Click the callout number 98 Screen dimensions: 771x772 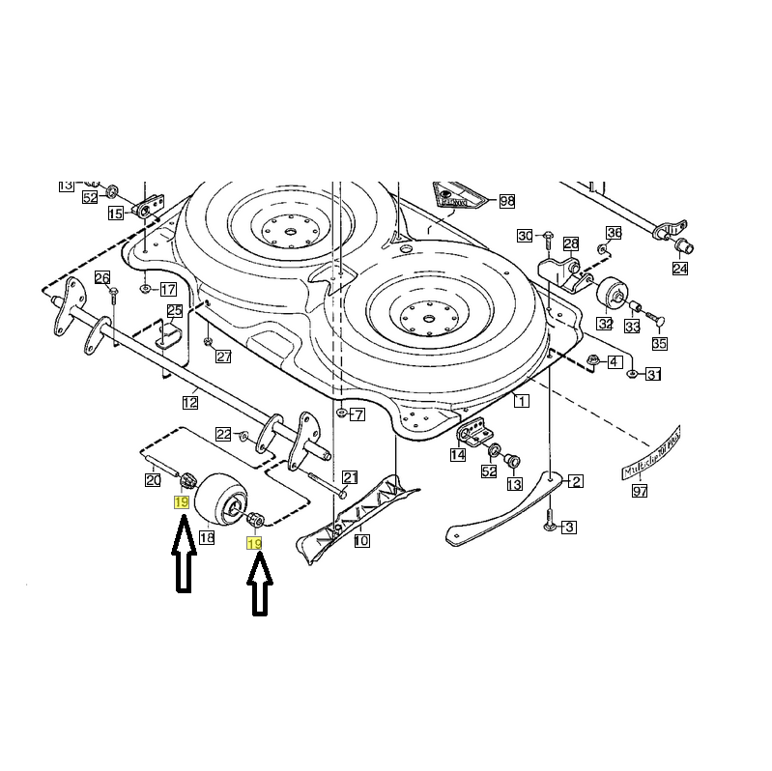point(506,202)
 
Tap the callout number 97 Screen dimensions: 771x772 point(640,492)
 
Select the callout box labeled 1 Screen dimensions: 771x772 point(522,401)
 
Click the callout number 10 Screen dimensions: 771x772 point(361,541)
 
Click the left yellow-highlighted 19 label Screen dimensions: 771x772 point(181,502)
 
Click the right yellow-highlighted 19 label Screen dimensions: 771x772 point(254,545)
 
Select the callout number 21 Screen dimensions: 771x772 point(350,476)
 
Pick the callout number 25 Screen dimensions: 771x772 point(174,311)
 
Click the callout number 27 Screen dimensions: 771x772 point(223,357)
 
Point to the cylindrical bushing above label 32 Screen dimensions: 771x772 point(610,293)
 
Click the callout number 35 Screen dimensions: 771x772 point(659,344)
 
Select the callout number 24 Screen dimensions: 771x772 point(680,269)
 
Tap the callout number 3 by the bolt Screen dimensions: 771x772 point(569,527)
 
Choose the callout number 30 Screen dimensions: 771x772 point(525,236)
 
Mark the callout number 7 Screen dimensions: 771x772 point(357,415)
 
